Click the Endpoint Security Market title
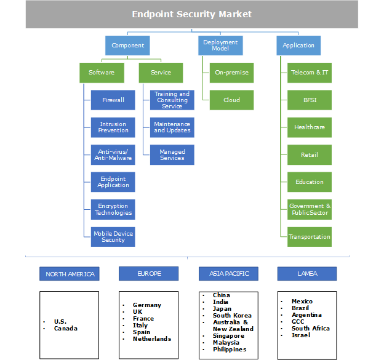[x=191, y=14]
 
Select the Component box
[x=128, y=46]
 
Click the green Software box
[x=102, y=73]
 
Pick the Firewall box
[x=113, y=100]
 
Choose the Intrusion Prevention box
[x=113, y=127]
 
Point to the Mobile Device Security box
[x=113, y=236]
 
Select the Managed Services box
[x=172, y=154]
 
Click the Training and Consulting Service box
[x=172, y=100]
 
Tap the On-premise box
[x=231, y=73]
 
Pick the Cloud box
[x=231, y=100]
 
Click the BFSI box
[x=310, y=100]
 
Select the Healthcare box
[x=310, y=127]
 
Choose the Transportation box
[x=310, y=236]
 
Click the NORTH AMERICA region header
[x=70, y=274]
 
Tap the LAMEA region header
[x=307, y=274]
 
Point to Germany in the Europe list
[x=146, y=305]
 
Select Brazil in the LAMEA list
[x=300, y=308]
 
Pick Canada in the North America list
[x=66, y=329]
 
